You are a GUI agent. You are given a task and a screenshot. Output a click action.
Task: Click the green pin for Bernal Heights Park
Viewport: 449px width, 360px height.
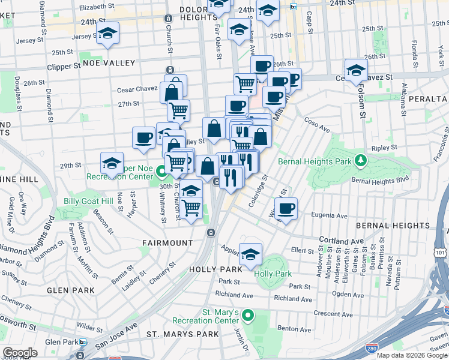[361, 160]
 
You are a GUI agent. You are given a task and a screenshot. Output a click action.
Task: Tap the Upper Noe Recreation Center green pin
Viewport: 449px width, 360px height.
[161, 173]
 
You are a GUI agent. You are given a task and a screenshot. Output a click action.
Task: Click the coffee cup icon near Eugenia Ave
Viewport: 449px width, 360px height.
[286, 208]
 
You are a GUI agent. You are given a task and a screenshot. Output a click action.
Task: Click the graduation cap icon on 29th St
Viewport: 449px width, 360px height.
[112, 163]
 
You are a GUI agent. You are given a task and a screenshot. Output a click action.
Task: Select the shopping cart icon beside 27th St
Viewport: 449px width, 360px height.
[178, 110]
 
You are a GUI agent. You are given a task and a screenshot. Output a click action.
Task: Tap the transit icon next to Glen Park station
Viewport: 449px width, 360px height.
[83, 342]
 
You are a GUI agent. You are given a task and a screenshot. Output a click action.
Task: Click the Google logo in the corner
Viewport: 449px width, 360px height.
[20, 353]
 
